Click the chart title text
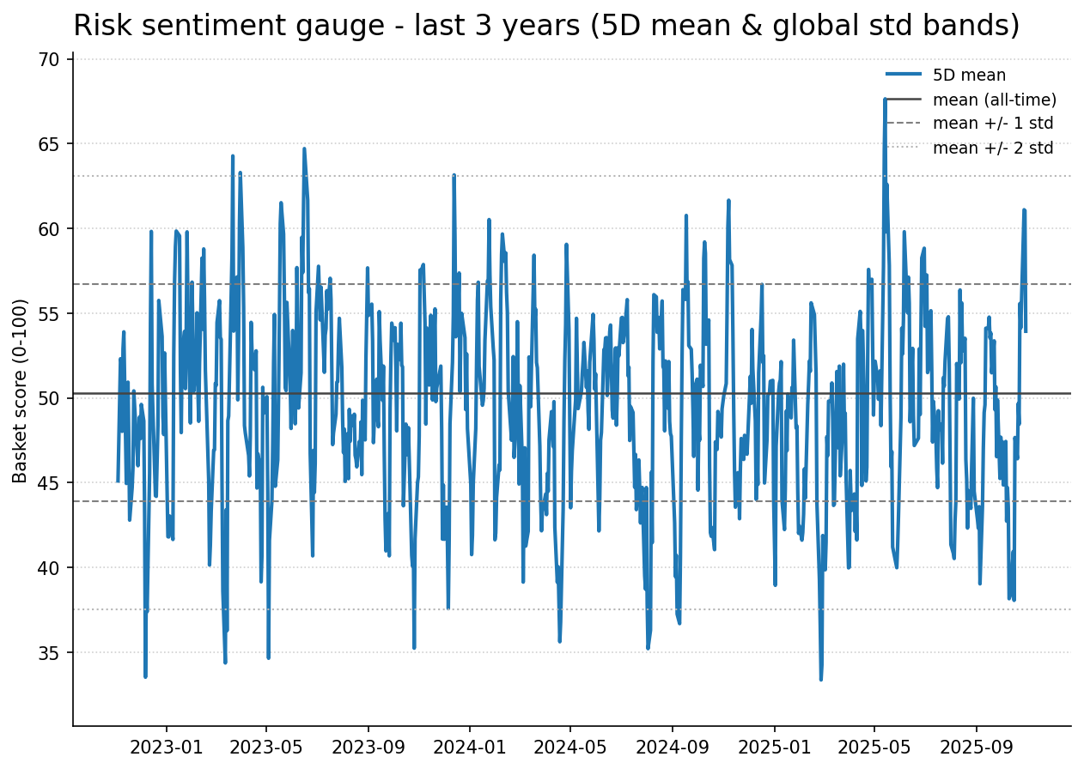click(x=546, y=26)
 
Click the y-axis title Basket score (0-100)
click(x=21, y=391)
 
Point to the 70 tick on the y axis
click(x=48, y=59)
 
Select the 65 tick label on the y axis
click(x=48, y=144)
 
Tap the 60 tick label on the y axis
click(x=48, y=229)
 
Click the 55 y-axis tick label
click(x=48, y=314)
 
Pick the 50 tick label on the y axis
click(x=48, y=398)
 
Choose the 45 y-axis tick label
click(x=48, y=483)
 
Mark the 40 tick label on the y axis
click(x=48, y=568)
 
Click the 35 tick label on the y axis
click(x=48, y=653)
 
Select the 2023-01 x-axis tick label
click(x=166, y=747)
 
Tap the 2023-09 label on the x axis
click(x=368, y=747)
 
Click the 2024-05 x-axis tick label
click(x=569, y=747)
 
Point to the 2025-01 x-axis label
click(x=774, y=747)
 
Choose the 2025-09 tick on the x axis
click(x=977, y=747)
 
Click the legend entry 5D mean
click(x=969, y=76)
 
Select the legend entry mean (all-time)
click(x=994, y=100)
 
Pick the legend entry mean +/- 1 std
click(x=992, y=124)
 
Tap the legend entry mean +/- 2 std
click(x=992, y=148)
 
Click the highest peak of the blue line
click(x=885, y=100)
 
